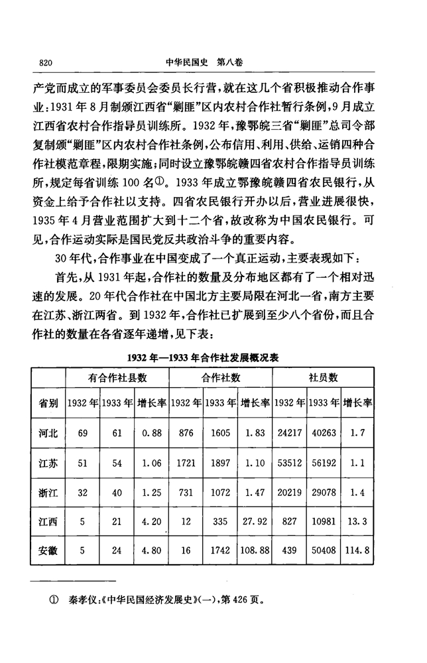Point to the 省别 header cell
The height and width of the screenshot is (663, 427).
48,402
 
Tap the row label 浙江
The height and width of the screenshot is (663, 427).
48,493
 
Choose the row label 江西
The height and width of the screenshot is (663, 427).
48,522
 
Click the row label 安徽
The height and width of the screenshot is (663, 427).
48,551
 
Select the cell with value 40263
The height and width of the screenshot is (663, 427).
324,433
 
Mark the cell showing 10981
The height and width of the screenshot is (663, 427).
324,522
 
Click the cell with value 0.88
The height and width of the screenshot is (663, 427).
152,433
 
